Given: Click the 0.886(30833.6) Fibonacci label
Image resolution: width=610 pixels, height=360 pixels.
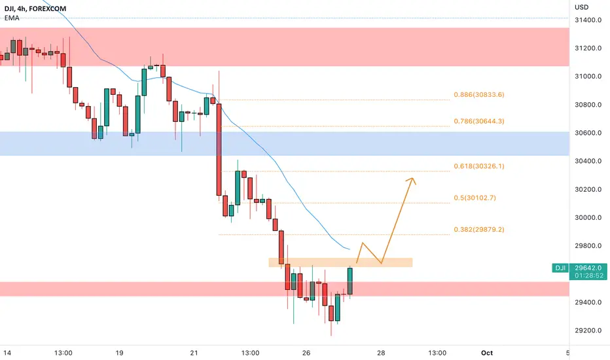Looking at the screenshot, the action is (479, 94).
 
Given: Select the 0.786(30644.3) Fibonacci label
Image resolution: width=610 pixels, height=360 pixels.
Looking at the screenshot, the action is (479, 121).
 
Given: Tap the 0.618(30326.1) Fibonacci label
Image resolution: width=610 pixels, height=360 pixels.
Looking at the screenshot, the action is (479, 166).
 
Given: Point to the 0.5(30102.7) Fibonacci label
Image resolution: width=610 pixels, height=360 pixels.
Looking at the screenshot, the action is (475, 198).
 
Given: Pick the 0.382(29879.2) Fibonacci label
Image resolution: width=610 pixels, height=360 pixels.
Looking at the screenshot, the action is (479, 230).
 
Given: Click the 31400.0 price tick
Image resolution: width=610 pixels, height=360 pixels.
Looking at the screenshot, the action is (588, 20).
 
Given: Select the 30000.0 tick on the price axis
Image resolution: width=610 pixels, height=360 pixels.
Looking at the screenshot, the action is (588, 217).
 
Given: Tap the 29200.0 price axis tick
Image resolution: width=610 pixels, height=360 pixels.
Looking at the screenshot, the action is (588, 331).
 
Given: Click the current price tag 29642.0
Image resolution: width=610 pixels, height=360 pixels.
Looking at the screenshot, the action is (588, 268).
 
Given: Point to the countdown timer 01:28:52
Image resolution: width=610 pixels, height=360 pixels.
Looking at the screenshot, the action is (588, 276).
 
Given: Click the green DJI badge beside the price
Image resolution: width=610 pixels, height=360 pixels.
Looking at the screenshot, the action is (560, 268).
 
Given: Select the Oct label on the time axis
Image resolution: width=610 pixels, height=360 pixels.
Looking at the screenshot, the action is (487, 353).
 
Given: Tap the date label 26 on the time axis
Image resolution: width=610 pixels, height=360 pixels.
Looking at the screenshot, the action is (306, 353).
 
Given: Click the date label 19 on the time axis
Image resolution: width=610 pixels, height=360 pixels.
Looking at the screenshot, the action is (119, 353).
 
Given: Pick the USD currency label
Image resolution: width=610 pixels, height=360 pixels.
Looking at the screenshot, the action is (582, 7).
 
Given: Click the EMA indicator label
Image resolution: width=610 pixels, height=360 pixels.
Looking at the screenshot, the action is (12, 18).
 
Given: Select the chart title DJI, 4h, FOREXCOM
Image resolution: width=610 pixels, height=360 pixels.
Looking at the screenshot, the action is (35, 9).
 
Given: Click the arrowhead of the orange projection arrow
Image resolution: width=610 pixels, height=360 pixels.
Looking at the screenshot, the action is (412, 179).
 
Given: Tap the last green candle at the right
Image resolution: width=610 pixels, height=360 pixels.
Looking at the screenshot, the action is (350, 281).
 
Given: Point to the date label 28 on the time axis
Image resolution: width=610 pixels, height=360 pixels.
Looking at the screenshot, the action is (381, 353).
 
